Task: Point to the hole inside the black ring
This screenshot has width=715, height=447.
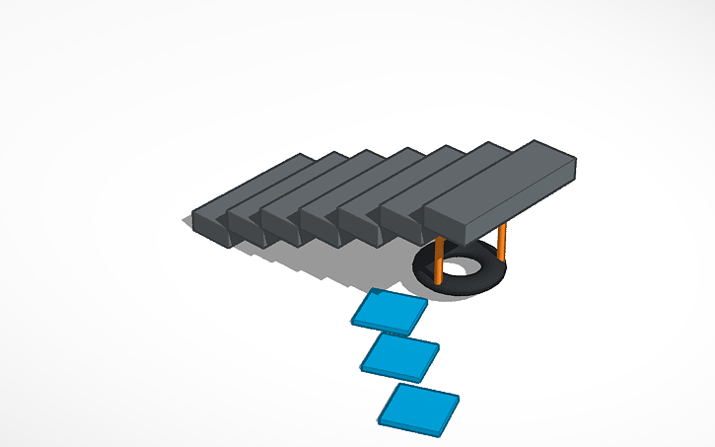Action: [459, 267]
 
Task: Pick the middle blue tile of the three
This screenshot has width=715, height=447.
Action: [399, 356]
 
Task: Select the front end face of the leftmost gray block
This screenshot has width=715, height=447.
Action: [209, 227]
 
